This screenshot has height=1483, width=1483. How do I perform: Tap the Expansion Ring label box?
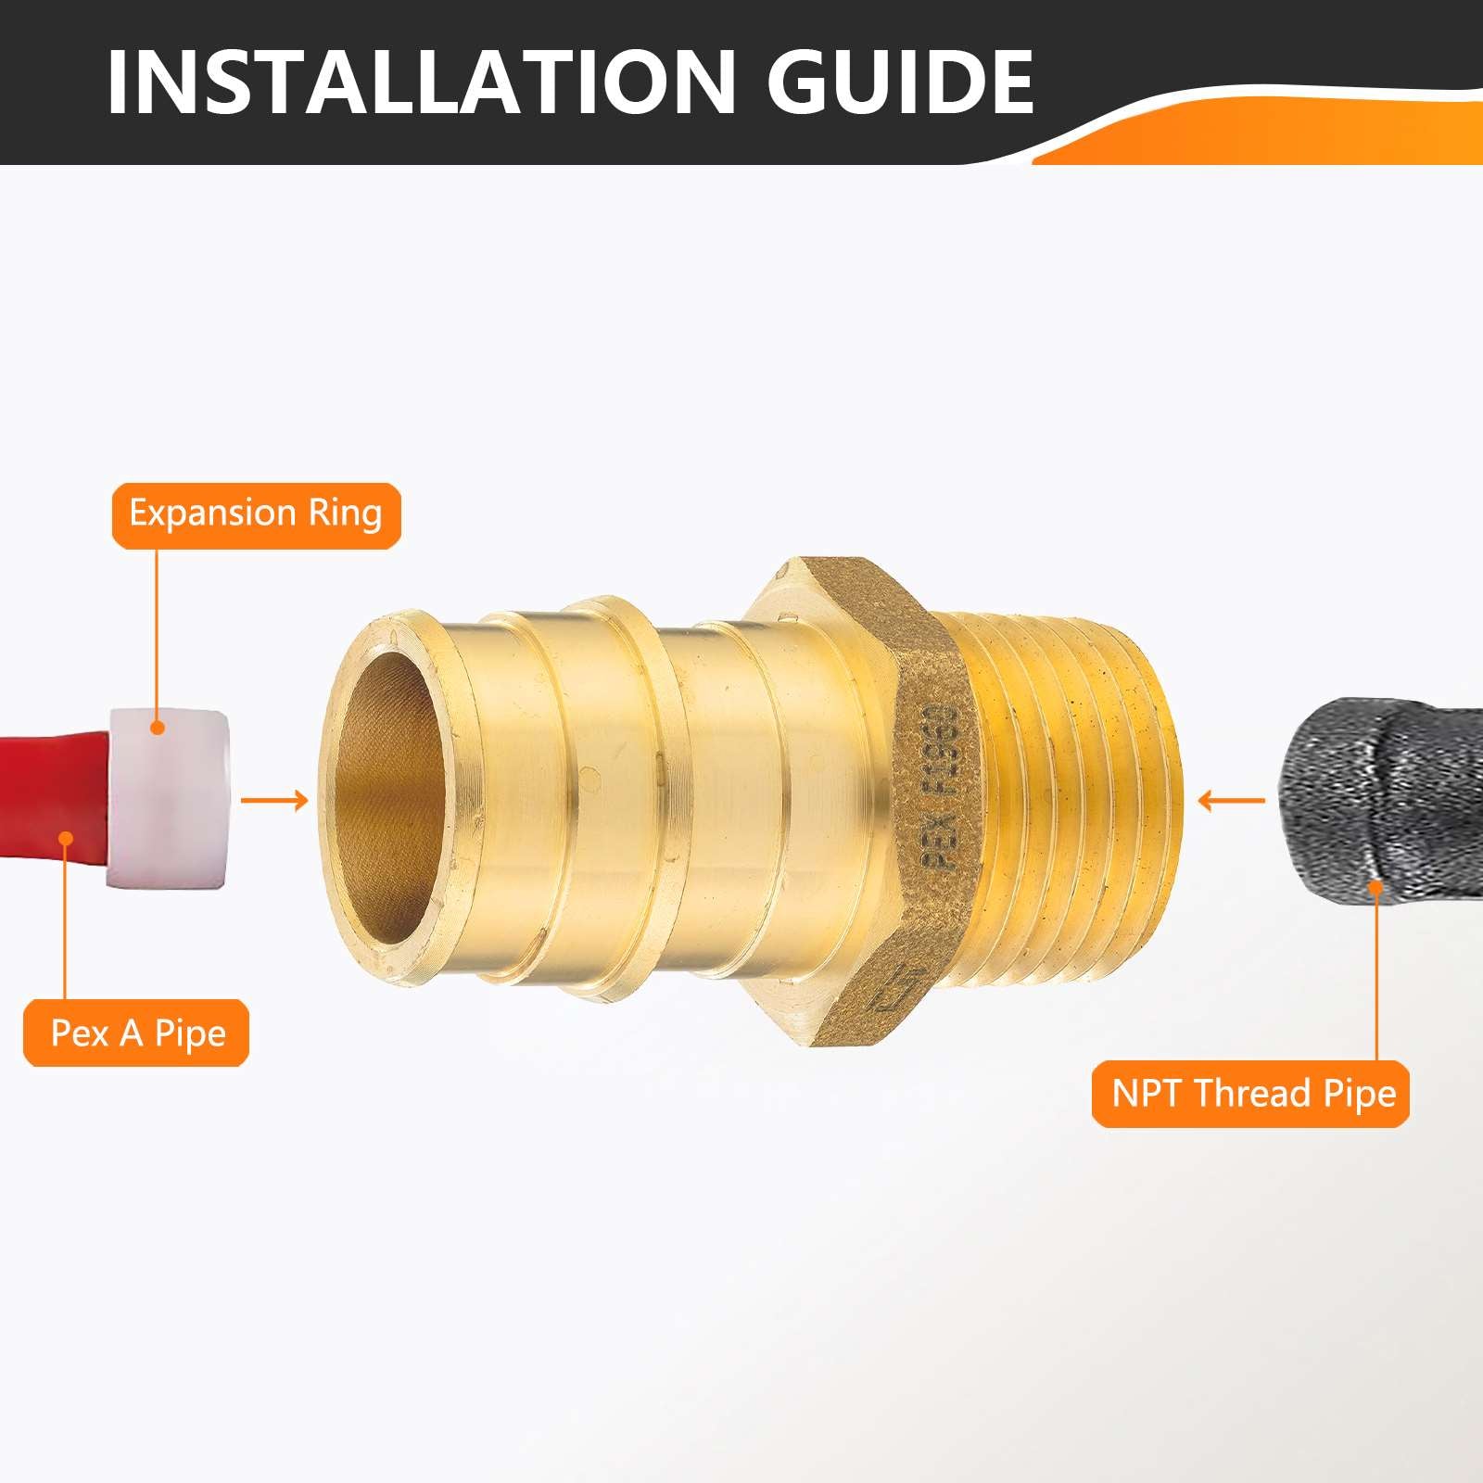256,515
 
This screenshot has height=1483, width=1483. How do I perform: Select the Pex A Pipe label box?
137,1033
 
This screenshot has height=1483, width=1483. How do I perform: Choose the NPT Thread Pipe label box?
1250,1094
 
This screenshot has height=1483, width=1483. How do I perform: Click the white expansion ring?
167,798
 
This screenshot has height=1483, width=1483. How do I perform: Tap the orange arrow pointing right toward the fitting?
274,800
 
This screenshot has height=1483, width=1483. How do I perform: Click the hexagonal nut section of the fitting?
853,802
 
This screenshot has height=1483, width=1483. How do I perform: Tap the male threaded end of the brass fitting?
1075,799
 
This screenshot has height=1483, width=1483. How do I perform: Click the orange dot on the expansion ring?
158,728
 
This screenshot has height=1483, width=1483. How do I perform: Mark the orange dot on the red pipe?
66,838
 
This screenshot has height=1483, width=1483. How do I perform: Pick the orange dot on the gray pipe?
1376,887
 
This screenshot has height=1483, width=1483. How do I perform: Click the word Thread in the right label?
1251,1093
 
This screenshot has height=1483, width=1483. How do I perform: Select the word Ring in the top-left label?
345,515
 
